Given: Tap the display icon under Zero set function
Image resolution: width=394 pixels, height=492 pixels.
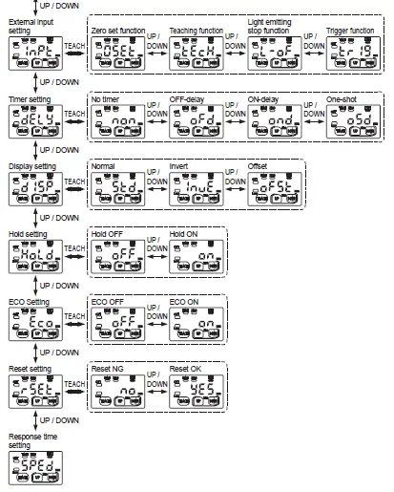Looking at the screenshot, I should [x=114, y=54].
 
